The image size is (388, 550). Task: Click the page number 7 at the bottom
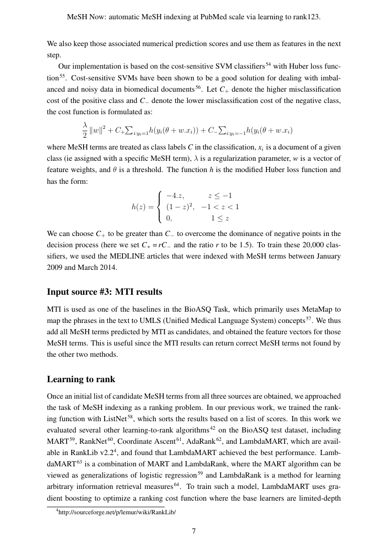pos(194,531)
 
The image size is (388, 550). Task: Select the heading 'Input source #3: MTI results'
pos(105,292)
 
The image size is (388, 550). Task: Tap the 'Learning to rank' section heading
pos(81,379)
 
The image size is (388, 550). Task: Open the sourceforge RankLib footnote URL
pos(118,512)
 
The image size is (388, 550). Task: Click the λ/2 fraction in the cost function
pos(85,130)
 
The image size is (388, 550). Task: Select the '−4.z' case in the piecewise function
pos(175,195)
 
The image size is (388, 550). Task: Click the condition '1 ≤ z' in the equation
pos(220,218)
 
